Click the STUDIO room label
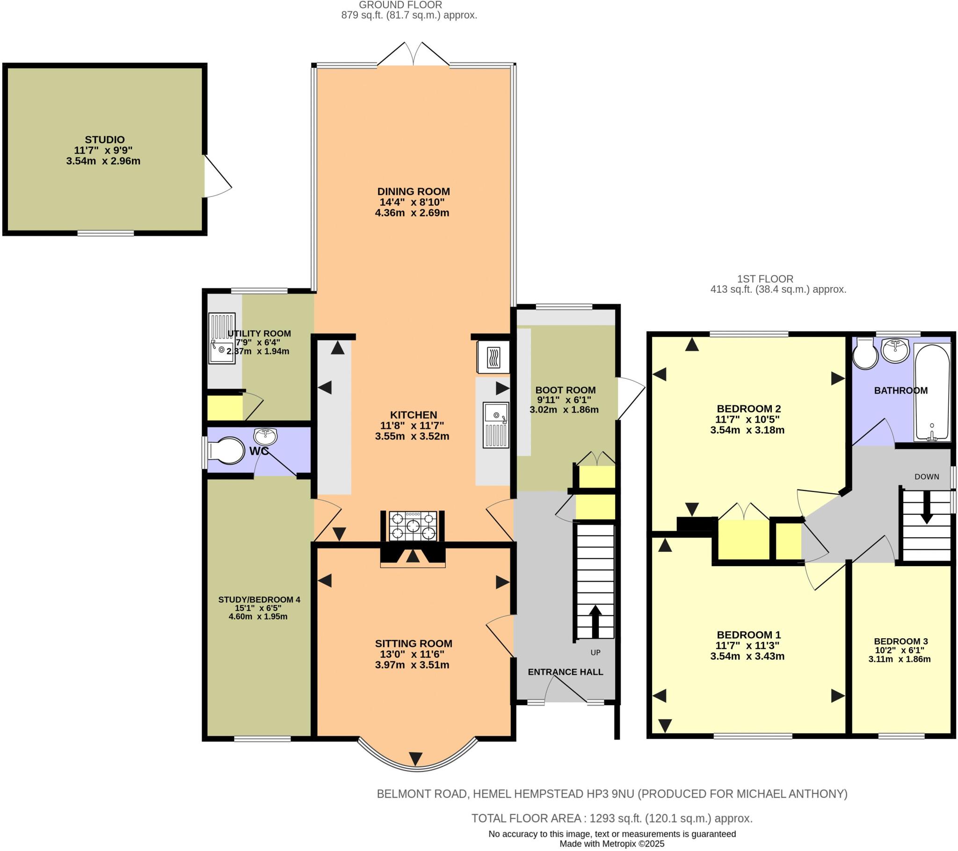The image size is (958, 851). pyautogui.click(x=104, y=140)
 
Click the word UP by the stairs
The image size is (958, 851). pyautogui.click(x=595, y=652)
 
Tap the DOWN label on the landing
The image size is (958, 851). pyautogui.click(x=927, y=476)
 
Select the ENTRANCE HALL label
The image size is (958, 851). pyautogui.click(x=565, y=672)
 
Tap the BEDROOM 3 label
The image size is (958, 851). pyautogui.click(x=900, y=641)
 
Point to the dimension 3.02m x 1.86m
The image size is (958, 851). pyautogui.click(x=564, y=410)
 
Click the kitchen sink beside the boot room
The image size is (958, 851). pyautogui.click(x=496, y=425)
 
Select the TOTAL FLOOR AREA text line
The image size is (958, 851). pyautogui.click(x=612, y=818)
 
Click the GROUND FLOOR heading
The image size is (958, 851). pyautogui.click(x=400, y=5)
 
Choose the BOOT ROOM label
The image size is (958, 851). pyautogui.click(x=565, y=390)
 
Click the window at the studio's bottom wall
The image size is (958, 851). pyautogui.click(x=105, y=233)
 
